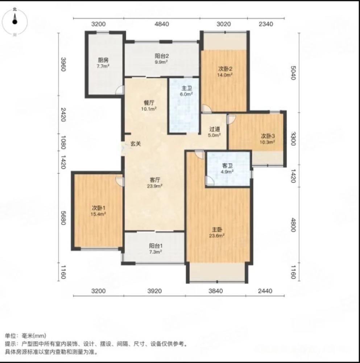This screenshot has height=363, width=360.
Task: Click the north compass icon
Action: coord(15,21)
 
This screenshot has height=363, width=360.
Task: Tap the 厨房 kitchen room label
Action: coord(103,61)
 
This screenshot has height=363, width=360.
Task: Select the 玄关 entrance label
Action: coord(136,144)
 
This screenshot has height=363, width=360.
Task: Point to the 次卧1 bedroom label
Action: coord(98,208)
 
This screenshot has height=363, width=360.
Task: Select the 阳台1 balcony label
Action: coord(155,245)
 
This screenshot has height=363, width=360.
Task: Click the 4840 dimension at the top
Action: coord(162,24)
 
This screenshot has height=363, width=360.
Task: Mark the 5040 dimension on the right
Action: coord(294,73)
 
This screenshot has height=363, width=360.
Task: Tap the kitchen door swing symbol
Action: coord(120,90)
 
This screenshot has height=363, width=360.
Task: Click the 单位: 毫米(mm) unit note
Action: coord(25,336)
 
